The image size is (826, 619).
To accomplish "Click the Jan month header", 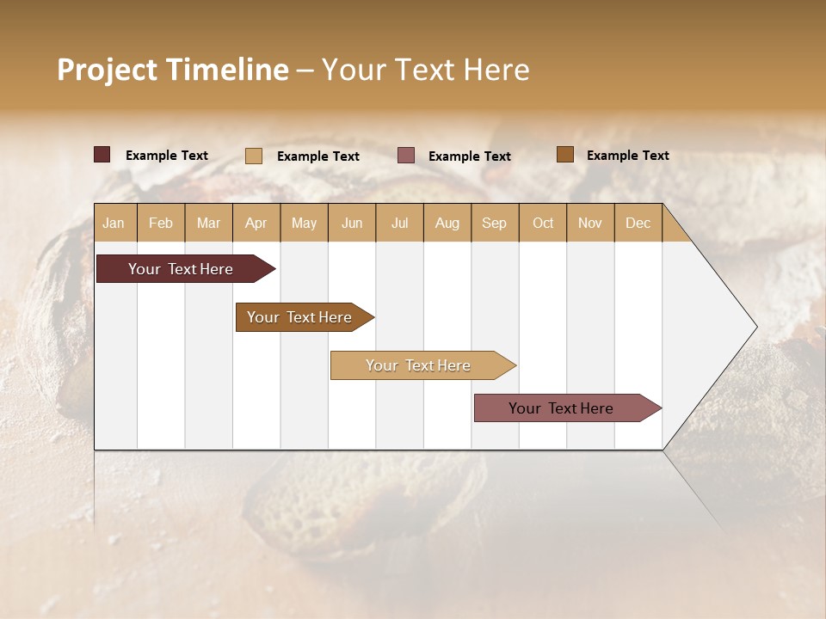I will [x=114, y=223].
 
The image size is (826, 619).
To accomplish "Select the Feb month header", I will [x=161, y=223].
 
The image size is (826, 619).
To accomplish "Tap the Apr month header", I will [x=256, y=223].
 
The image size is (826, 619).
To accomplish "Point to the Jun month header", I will [x=352, y=223].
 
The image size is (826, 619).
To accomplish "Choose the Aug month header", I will [x=447, y=223].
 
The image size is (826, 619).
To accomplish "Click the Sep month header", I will [x=494, y=223].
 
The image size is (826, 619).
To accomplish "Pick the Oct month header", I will [x=543, y=223].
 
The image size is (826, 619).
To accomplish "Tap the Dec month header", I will [x=638, y=223].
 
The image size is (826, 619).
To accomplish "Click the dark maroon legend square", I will [x=102, y=155].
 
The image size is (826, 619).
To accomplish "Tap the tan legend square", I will [x=254, y=156].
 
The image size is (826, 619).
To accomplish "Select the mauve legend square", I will [x=406, y=156].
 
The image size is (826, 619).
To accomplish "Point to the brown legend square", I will [x=565, y=155].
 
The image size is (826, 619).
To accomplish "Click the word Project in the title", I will [x=108, y=70].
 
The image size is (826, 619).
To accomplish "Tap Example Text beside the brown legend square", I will [x=627, y=155].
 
